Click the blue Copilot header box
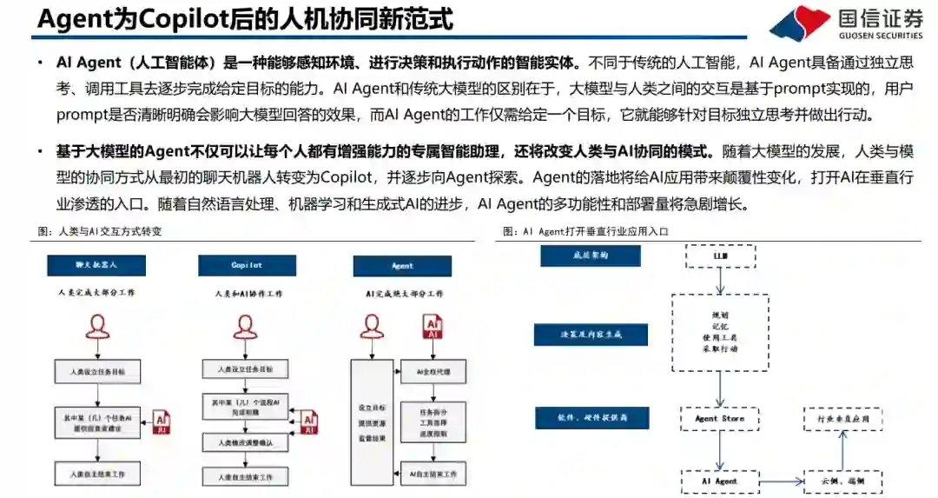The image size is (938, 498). click(x=247, y=266)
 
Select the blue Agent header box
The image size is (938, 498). click(x=402, y=266)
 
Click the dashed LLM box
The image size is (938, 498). click(x=720, y=256)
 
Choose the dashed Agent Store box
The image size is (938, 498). click(x=719, y=418)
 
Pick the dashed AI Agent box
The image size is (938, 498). click(x=719, y=481)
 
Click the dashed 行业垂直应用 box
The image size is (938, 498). click(x=842, y=418)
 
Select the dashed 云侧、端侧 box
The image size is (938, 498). click(x=842, y=481)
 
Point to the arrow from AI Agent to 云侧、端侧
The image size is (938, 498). click(x=781, y=481)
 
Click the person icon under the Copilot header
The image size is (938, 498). click(x=246, y=327)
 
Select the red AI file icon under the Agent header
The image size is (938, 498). click(x=433, y=327)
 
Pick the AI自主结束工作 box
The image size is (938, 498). click(x=433, y=474)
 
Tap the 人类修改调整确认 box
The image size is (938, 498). click(x=246, y=443)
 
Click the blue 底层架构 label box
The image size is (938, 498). click(x=590, y=256)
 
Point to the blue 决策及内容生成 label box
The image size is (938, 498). click(x=590, y=335)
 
